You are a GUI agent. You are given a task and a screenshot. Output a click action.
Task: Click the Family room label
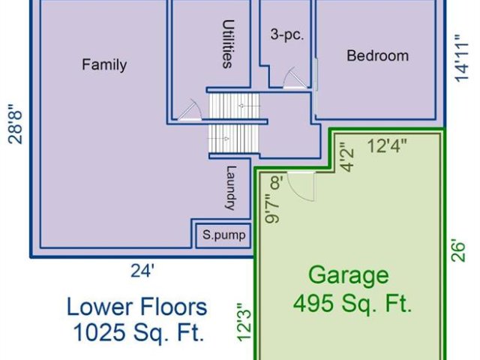pos(104,65)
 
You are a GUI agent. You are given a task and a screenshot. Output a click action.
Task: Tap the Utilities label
pos(228,44)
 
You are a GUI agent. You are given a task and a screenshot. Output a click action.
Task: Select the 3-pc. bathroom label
pos(286,35)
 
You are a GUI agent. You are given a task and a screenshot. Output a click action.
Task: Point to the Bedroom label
pos(377,56)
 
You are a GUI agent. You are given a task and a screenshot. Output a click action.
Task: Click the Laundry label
pos(231,188)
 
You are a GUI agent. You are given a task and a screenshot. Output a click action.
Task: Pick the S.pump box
pos(223,235)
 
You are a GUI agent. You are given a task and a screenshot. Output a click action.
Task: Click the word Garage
pos(349,275)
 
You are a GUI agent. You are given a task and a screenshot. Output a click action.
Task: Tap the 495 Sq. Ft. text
pos(352,304)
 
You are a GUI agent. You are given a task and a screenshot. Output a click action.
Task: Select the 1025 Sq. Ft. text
pos(139,332)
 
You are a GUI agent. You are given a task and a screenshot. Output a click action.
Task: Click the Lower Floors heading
pos(136,307)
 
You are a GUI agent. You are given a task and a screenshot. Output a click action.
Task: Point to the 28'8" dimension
pos(15,124)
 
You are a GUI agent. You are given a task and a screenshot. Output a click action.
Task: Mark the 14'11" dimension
pos(462,58)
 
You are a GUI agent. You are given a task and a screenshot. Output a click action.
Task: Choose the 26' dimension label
pos(458,252)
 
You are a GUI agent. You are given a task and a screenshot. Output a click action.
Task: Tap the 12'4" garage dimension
pos(387,145)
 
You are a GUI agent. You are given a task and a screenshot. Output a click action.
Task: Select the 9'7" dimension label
pos(271,208)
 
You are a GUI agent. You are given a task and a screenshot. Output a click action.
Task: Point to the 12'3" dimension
pos(244,322)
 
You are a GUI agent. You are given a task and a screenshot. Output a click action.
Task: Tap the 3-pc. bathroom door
pos(295,78)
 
